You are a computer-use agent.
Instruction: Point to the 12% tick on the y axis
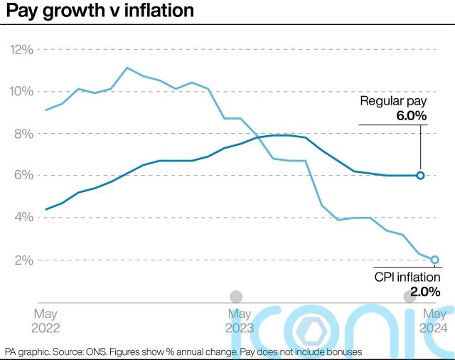point(21,50)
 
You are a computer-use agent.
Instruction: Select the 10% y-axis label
point(21,92)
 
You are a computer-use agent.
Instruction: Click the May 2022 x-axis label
point(46,321)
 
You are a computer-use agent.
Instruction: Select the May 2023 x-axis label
point(240,321)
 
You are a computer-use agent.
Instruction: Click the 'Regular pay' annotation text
point(393,101)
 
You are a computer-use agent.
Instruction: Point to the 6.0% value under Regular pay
point(411,115)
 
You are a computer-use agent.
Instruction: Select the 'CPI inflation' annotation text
point(407,277)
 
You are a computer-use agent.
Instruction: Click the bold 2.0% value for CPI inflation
point(424,291)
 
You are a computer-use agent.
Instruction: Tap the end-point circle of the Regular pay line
point(420,175)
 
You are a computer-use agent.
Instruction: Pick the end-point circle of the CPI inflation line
point(434,260)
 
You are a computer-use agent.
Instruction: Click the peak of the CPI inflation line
point(127,68)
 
